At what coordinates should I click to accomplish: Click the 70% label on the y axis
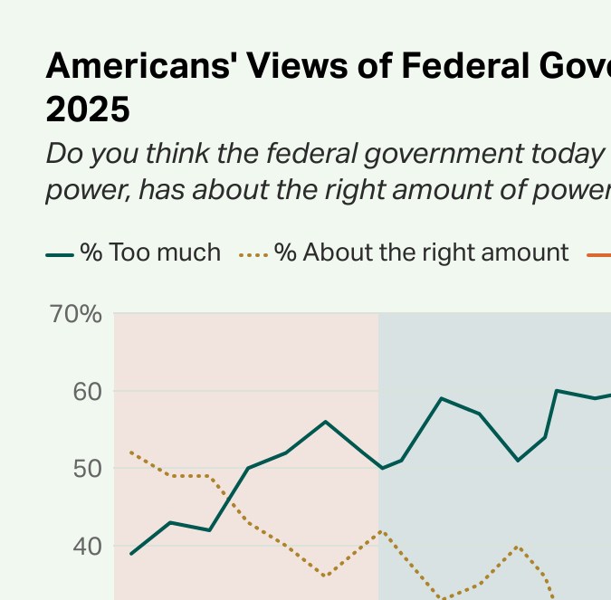(x=76, y=315)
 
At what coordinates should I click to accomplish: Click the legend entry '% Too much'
(x=149, y=252)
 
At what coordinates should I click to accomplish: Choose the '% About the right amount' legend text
(x=421, y=252)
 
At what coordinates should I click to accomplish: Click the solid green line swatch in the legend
(x=60, y=256)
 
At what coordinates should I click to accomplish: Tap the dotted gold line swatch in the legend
(x=254, y=256)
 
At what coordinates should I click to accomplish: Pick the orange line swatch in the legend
(x=599, y=256)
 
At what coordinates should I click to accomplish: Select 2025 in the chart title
(x=88, y=110)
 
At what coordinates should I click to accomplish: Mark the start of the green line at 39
(x=132, y=554)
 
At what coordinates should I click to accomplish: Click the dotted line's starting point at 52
(x=132, y=452)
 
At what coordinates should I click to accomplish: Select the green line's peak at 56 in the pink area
(x=326, y=422)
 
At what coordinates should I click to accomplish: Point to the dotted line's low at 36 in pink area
(x=326, y=576)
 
